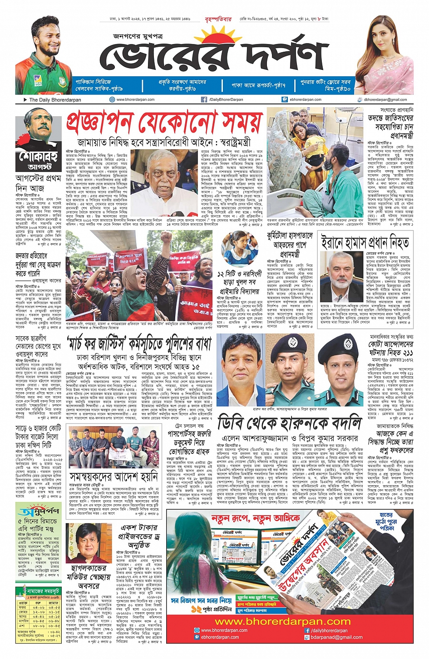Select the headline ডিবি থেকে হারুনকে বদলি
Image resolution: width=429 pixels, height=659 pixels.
point(290,423)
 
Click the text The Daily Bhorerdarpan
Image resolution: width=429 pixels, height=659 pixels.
point(55,100)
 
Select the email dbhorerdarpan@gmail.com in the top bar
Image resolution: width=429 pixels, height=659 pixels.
point(385,100)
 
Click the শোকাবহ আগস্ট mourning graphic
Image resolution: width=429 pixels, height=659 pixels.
point(38,140)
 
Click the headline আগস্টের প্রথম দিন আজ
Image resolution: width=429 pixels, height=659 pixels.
point(38,183)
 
